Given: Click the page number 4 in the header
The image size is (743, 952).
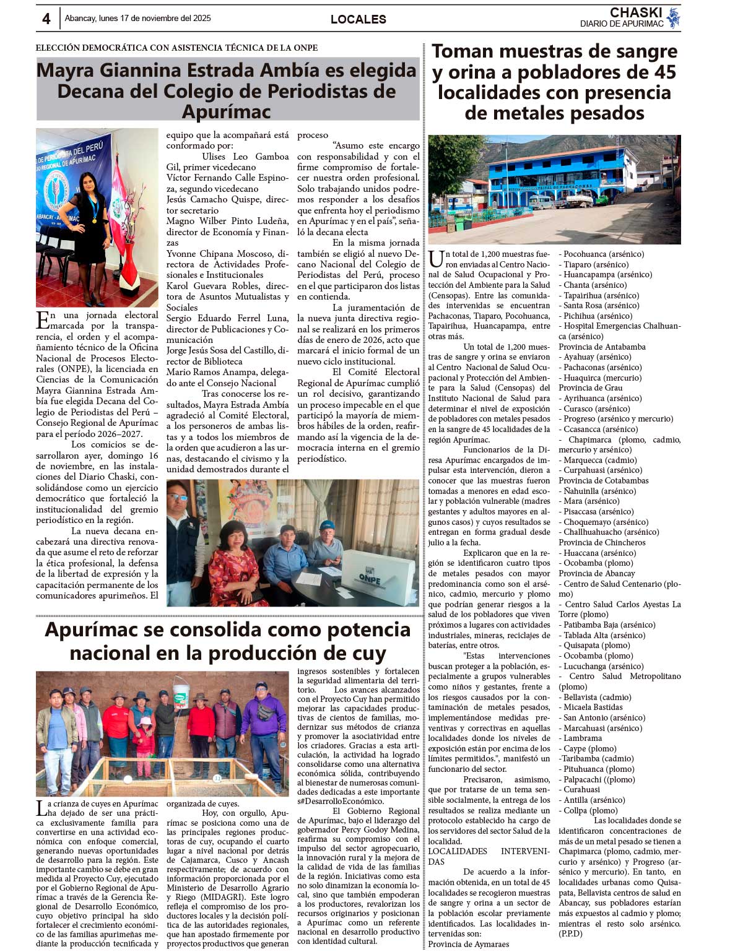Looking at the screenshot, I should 46,19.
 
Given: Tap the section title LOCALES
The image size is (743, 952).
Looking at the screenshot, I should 358,19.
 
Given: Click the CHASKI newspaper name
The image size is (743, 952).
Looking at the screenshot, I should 635,12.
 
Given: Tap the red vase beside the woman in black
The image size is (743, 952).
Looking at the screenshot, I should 129,266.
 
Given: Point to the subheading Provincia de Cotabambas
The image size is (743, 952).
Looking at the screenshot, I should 604,480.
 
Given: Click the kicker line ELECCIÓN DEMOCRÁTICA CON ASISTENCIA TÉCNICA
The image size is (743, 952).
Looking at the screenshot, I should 176,48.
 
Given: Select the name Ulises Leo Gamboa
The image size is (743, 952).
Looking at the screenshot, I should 245,157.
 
